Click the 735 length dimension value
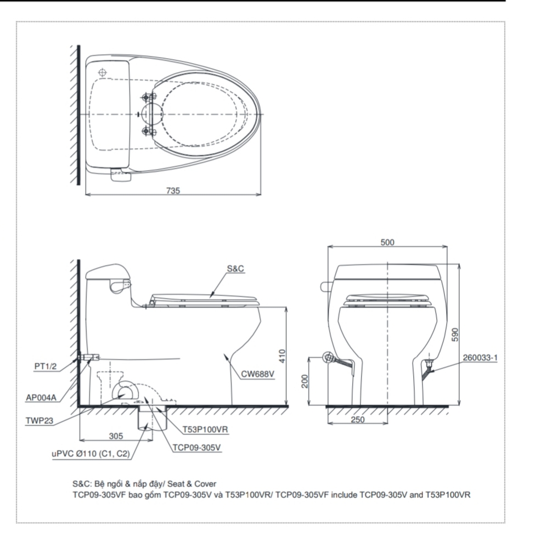pyautogui.click(x=173, y=190)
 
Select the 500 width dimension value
pyautogui.click(x=387, y=242)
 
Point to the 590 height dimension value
pyautogui.click(x=455, y=335)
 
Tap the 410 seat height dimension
pyautogui.click(x=282, y=356)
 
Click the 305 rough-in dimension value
pyautogui.click(x=116, y=436)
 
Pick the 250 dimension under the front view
pyautogui.click(x=358, y=420)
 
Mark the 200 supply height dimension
pyautogui.click(x=305, y=381)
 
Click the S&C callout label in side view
pyautogui.click(x=235, y=269)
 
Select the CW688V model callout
pyautogui.click(x=258, y=374)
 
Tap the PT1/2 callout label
pyautogui.click(x=46, y=366)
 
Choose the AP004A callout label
pyautogui.click(x=41, y=398)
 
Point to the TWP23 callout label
pyautogui.click(x=40, y=421)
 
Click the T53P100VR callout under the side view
pyautogui.click(x=205, y=430)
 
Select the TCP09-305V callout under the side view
pyautogui.click(x=196, y=448)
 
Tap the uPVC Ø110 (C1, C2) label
pyautogui.click(x=91, y=454)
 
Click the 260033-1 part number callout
pyautogui.click(x=480, y=358)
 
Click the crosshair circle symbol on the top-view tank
pyautogui.click(x=103, y=72)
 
